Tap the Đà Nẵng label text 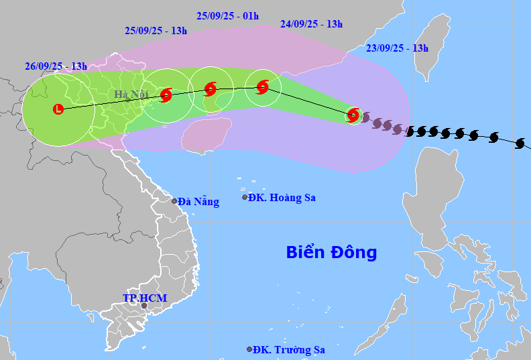[x=199, y=202]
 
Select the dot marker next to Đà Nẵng [x=174, y=201]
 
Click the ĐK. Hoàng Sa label [x=282, y=198]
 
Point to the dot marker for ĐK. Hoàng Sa [x=245, y=197]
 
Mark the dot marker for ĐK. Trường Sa [x=249, y=349]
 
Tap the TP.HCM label [x=145, y=298]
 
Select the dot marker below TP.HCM [x=143, y=306]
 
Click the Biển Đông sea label [x=331, y=253]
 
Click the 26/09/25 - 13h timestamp [x=56, y=66]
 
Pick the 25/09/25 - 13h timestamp [x=156, y=30]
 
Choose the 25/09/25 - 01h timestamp [x=228, y=15]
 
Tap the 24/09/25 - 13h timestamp [x=311, y=24]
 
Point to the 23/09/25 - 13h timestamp [x=398, y=48]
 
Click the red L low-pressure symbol [x=58, y=108]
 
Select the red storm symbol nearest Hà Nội [x=166, y=95]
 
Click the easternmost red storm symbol [x=353, y=115]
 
